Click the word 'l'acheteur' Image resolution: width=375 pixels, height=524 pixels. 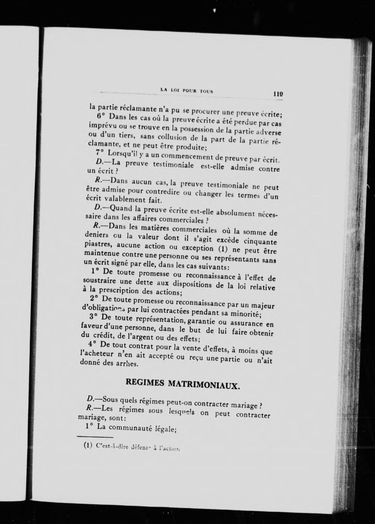click(x=94, y=354)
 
